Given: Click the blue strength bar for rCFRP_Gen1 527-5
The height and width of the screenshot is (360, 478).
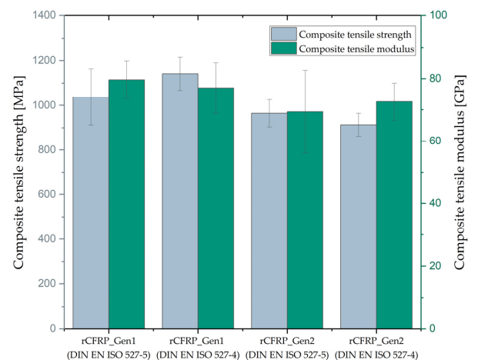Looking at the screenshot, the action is pyautogui.click(x=91, y=213).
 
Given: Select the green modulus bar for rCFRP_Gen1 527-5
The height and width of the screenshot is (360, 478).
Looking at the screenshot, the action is pyautogui.click(x=126, y=204).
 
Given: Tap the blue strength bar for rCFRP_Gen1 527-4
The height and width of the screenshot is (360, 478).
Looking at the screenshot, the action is pyautogui.click(x=180, y=201).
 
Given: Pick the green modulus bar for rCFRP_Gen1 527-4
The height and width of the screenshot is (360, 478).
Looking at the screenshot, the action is pyautogui.click(x=216, y=208).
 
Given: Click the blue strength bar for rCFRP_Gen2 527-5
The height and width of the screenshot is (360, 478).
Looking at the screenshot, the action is pyautogui.click(x=269, y=221).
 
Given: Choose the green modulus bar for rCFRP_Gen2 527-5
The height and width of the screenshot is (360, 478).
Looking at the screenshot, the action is pyautogui.click(x=305, y=220).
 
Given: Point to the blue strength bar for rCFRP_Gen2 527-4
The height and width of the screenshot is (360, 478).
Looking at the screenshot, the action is pyautogui.click(x=359, y=227).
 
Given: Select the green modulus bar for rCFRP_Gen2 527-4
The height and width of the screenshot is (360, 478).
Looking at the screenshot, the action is pyautogui.click(x=394, y=215).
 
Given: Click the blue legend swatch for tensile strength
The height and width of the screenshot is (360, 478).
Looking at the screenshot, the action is pyautogui.click(x=284, y=34).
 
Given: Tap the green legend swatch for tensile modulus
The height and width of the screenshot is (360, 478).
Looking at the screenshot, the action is pyautogui.click(x=284, y=48).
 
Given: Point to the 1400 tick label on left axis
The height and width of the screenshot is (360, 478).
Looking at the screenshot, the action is pyautogui.click(x=44, y=15).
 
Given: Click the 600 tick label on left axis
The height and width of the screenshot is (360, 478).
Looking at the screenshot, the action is pyautogui.click(x=47, y=194).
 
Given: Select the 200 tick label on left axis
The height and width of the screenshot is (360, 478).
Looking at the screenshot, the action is pyautogui.click(x=47, y=284).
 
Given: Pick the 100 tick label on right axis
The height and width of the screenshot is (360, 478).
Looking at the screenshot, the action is pyautogui.click(x=439, y=15).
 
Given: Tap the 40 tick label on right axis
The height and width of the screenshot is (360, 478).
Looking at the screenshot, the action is pyautogui.click(x=436, y=203).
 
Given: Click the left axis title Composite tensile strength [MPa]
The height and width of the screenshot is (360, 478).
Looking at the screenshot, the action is pyautogui.click(x=18, y=172).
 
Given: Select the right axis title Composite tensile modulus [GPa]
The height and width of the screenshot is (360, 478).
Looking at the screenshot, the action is pyautogui.click(x=460, y=172).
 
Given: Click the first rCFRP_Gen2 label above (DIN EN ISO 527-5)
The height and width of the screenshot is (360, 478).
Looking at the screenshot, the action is pyautogui.click(x=287, y=341).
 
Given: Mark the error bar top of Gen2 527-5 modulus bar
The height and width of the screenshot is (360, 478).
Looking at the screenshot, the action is pyautogui.click(x=305, y=70).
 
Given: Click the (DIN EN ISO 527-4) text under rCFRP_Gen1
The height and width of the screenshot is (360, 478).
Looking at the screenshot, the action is pyautogui.click(x=198, y=355).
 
